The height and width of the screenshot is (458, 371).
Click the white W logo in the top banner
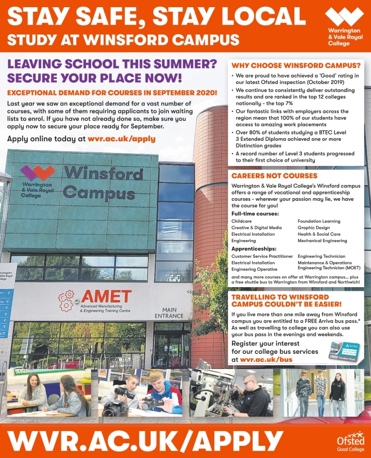[x=344, y=17]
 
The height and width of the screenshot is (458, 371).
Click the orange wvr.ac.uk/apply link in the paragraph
[x=121, y=139]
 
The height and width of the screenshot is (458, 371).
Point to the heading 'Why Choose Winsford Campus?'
[x=296, y=65]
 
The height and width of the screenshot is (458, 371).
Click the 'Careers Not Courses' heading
[x=274, y=176]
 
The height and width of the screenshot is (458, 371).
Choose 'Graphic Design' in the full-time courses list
[x=313, y=228]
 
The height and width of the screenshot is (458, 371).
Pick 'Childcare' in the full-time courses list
[x=242, y=221]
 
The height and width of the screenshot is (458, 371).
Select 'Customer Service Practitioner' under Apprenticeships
[x=262, y=256]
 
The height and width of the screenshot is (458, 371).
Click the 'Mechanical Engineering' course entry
[x=322, y=241]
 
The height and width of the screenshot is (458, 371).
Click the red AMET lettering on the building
[x=106, y=297]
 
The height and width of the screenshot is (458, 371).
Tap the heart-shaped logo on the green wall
[x=38, y=173]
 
